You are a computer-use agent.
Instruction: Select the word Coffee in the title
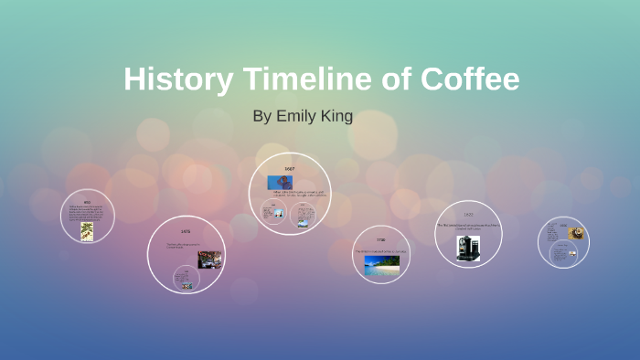(x=470, y=79)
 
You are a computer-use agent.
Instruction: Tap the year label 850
(x=87, y=203)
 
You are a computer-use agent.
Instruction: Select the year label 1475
(x=186, y=232)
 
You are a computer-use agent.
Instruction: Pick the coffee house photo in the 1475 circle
(x=209, y=259)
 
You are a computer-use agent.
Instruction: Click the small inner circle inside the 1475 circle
(x=187, y=278)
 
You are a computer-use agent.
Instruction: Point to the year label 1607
(x=289, y=169)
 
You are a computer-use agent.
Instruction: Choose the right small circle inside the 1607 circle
(x=304, y=216)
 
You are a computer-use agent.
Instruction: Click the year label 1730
(x=379, y=239)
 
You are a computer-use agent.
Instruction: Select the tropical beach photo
(x=381, y=264)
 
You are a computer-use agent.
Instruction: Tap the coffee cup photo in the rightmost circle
(x=576, y=234)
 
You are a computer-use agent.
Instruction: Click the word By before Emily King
(x=263, y=117)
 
